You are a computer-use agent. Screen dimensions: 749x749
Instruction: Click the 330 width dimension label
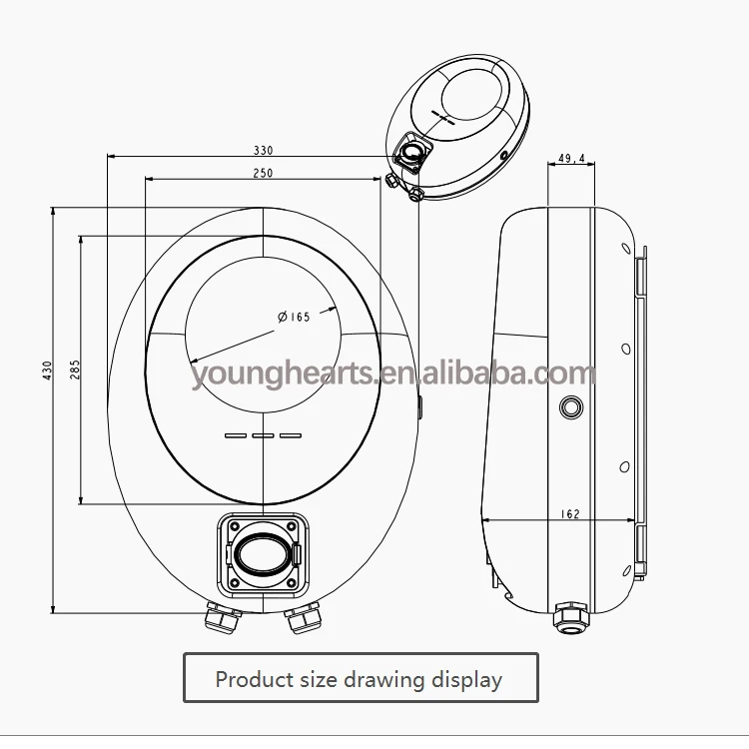pyautogui.click(x=263, y=150)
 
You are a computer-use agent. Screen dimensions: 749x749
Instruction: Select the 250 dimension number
pyautogui.click(x=263, y=172)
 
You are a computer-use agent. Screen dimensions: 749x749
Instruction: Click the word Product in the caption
pyautogui.click(x=255, y=680)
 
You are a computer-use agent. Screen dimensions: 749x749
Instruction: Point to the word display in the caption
pyautogui.click(x=467, y=680)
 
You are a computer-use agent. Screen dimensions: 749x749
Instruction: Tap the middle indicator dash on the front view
pyautogui.click(x=263, y=435)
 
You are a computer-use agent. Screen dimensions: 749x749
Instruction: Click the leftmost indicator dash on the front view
pyautogui.click(x=236, y=435)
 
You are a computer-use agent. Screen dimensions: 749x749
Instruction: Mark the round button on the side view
pyautogui.click(x=572, y=407)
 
